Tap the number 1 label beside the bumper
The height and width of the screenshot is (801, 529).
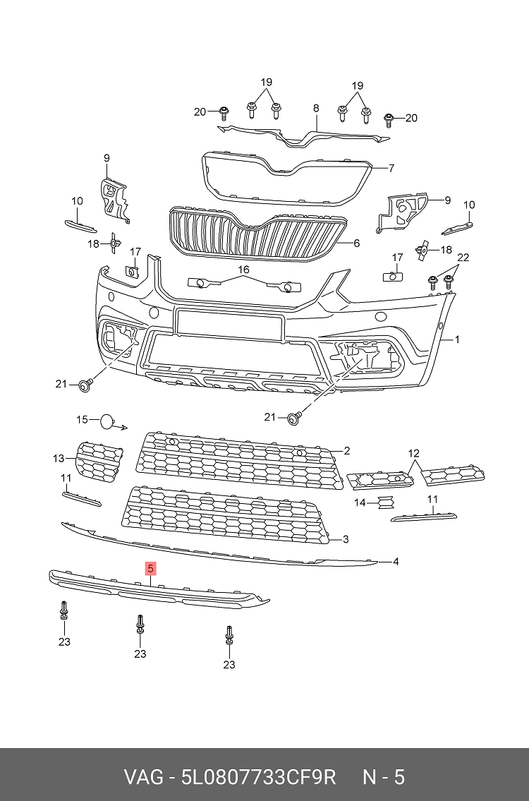457,339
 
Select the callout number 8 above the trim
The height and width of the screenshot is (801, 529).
316,108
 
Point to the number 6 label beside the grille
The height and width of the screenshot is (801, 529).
357,243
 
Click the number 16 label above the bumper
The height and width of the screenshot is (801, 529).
243,270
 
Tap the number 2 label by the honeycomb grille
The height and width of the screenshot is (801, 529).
347,450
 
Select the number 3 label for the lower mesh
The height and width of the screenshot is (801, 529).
346,540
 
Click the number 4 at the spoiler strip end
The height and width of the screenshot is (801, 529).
396,562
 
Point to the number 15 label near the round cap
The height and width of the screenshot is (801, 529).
83,420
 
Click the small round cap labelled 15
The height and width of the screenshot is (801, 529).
106,421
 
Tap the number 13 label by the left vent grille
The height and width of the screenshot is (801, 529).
59,459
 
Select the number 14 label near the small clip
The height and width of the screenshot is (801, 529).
360,502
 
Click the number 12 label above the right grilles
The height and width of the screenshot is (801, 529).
413,452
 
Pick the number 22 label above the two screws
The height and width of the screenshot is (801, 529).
463,256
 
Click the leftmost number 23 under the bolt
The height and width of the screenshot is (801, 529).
64,642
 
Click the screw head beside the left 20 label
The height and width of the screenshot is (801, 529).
224,111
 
